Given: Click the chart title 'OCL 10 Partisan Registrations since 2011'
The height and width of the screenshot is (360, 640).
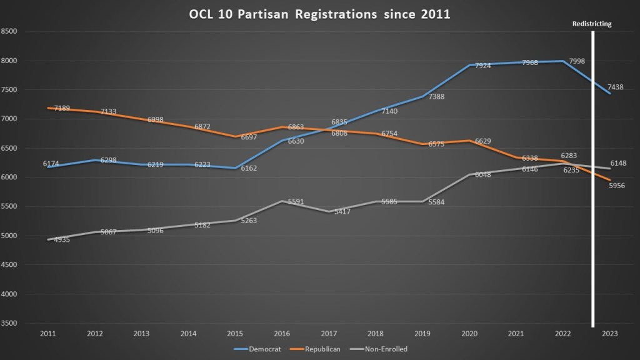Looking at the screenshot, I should (319, 14).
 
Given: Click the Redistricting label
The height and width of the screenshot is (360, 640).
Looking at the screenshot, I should (592, 24).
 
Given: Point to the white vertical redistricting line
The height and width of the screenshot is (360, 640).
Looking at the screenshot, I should (592, 187).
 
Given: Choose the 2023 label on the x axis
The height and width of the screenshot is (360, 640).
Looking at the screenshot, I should (610, 335).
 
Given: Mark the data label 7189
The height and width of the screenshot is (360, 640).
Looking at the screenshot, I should (62, 108).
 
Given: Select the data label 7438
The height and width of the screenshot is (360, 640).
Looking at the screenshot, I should (616, 87).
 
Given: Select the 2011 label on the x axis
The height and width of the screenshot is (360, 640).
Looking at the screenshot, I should (47, 335).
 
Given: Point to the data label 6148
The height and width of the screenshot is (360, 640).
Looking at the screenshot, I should (619, 163).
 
